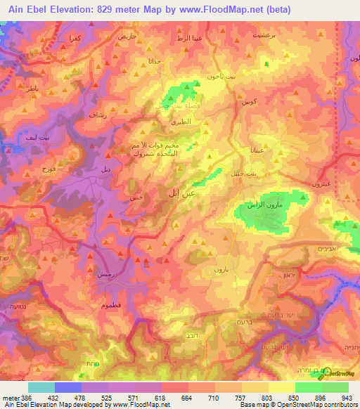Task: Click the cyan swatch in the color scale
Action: click(41, 387)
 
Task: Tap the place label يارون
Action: click(219, 270)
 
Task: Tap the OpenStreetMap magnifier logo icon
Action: click(324, 375)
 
